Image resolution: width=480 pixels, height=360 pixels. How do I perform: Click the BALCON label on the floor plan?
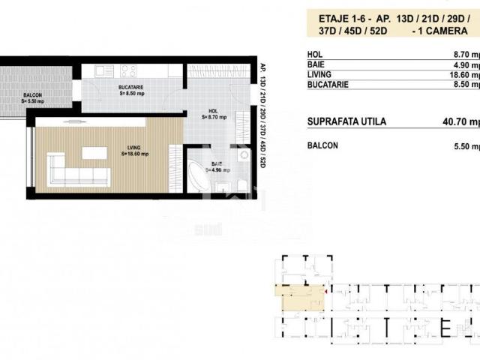pos(31,95)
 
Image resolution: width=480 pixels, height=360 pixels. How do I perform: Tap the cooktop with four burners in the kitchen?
pos(128,72)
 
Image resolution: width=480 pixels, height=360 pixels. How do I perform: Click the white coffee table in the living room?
pos(94,152)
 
